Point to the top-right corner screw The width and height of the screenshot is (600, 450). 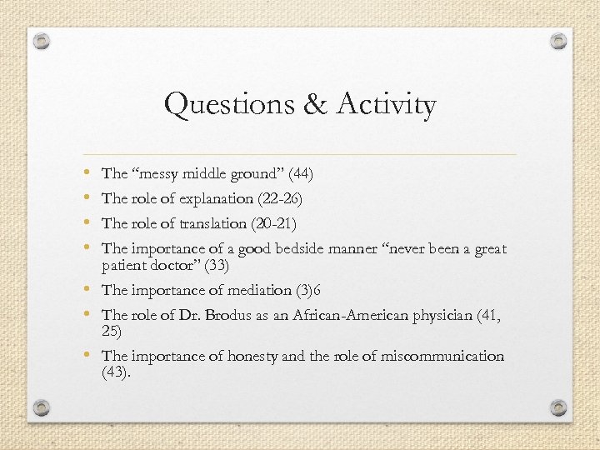[x=558, y=40]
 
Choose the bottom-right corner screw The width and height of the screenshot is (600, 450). [x=558, y=407]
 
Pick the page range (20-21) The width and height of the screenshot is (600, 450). [x=280, y=223]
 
